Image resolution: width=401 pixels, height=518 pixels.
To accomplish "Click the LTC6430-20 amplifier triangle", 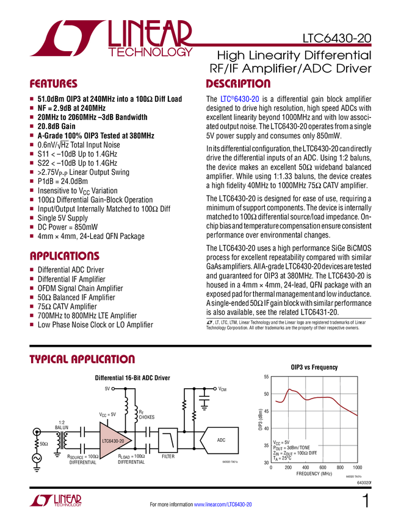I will point(114,440).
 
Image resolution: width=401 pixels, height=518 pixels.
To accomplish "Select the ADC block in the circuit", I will point(220,440).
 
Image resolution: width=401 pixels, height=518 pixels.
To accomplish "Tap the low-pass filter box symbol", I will point(168,440).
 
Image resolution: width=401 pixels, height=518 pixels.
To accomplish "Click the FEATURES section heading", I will point(54,84).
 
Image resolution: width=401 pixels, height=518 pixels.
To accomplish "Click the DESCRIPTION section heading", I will point(238,84).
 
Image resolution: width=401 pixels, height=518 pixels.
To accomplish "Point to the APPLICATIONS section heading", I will point(65,257).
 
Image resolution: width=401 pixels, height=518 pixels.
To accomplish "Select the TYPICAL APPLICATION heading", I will point(82,360).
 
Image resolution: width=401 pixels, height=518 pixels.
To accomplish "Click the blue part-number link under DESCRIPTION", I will point(240,99).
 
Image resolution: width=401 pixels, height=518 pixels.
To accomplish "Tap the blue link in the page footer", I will point(223,505).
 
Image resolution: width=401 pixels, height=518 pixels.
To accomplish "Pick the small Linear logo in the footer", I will point(55,500).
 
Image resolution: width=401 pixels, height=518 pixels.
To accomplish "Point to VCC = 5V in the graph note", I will point(281,442).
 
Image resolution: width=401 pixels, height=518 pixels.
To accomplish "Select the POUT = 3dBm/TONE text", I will point(291,447).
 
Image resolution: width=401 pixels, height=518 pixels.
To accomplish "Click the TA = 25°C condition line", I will point(282,458).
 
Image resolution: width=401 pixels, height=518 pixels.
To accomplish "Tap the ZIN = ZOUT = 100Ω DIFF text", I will point(295,453).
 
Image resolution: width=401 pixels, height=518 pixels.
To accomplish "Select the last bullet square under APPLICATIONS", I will point(32,324).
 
